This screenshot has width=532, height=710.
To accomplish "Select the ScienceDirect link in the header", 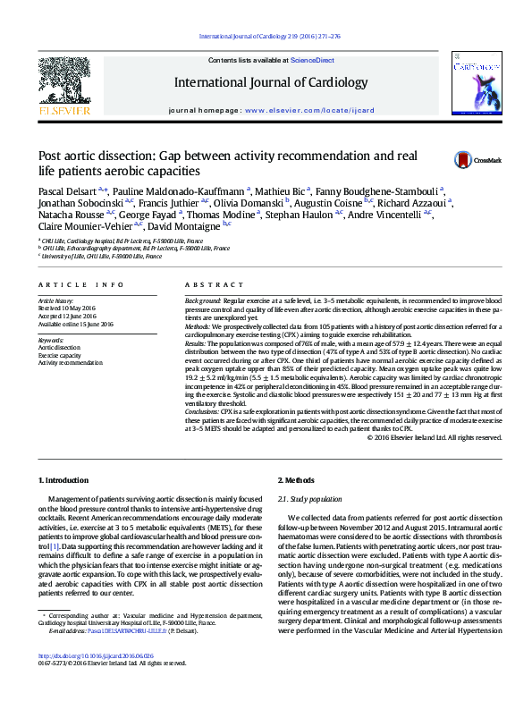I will [313, 60].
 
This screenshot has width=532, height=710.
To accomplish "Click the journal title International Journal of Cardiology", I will [270, 83].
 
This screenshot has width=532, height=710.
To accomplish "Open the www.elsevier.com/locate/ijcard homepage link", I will [294, 110].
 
